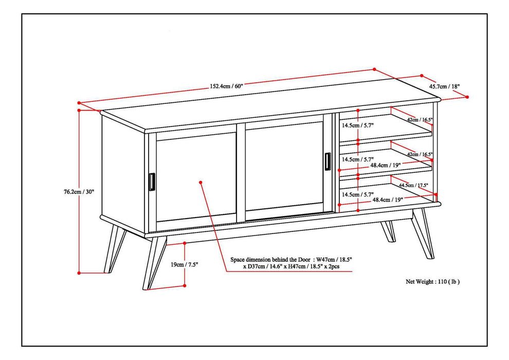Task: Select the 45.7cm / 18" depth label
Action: [x=445, y=86]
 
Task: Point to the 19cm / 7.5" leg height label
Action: [x=184, y=264]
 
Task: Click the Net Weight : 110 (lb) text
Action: [x=432, y=281]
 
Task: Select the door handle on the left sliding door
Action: [x=151, y=182]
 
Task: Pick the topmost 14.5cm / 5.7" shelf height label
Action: [x=358, y=125]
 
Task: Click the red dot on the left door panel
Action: [x=201, y=181]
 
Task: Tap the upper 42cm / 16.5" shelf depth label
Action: [x=420, y=119]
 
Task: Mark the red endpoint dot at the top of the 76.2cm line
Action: [x=79, y=110]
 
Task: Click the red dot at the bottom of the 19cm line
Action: [x=185, y=285]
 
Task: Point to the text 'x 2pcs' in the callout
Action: [x=339, y=267]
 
